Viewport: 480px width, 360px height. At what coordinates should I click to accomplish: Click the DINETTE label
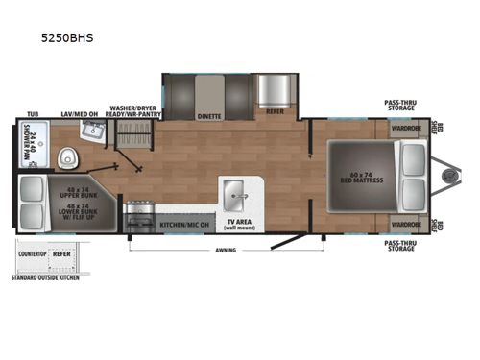209,115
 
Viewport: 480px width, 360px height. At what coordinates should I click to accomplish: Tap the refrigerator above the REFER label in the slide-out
276,91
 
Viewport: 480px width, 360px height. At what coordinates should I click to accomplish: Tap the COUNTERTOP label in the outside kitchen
32,254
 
